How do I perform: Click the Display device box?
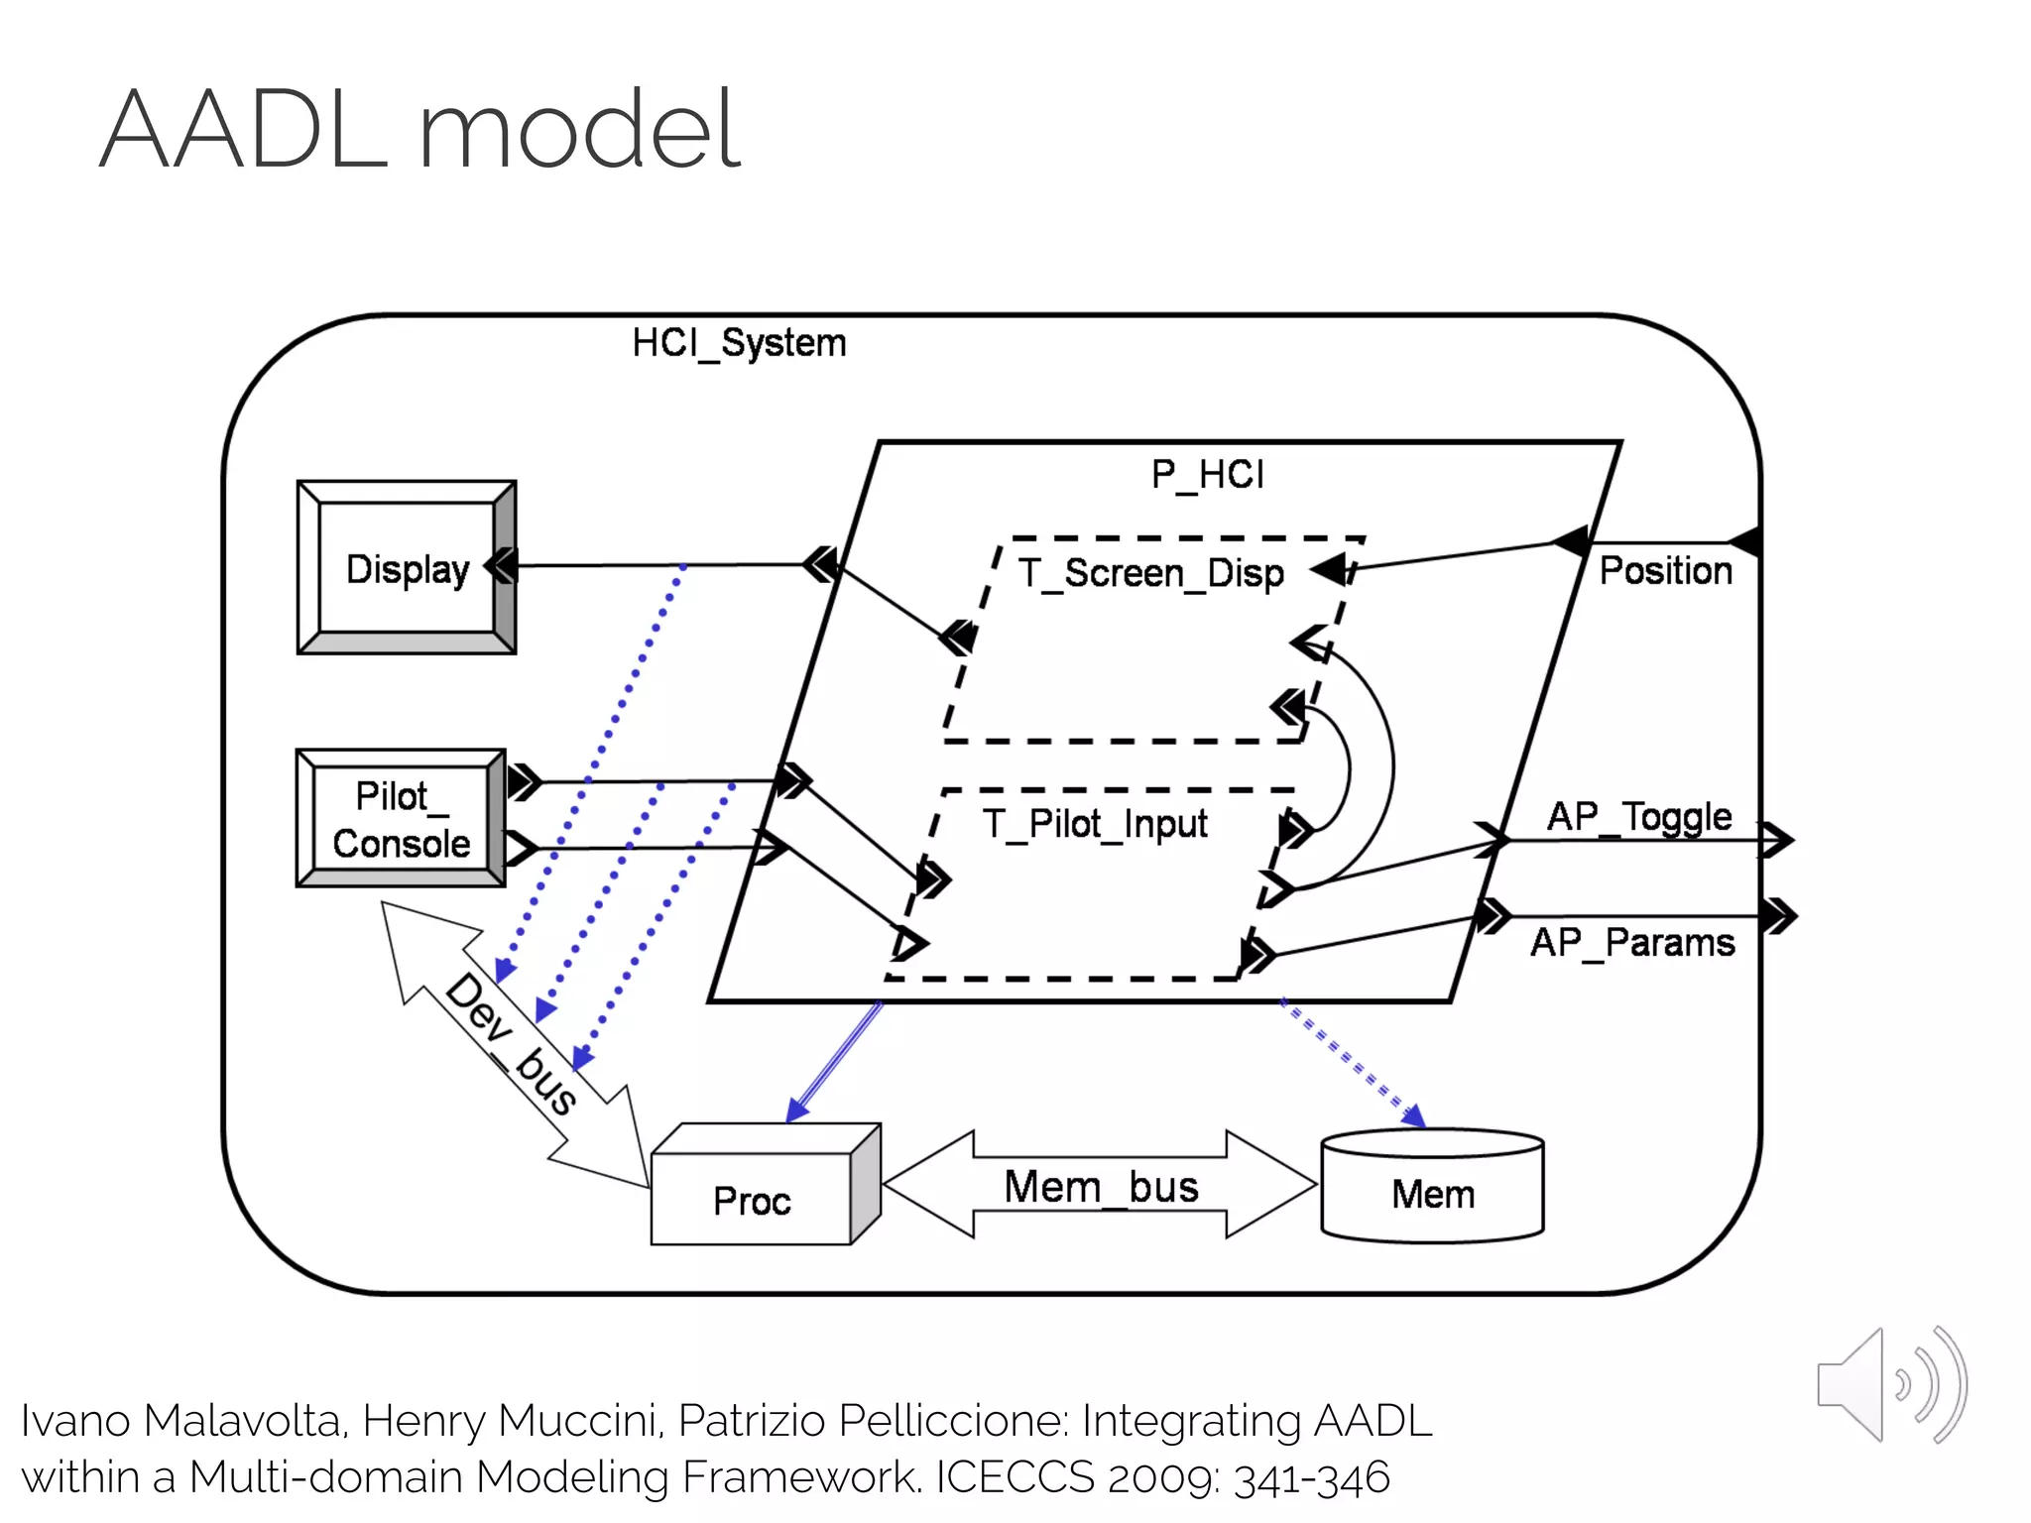tap(407, 568)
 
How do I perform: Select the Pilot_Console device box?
tap(401, 819)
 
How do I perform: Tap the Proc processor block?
tap(752, 1200)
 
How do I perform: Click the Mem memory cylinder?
tap(1432, 1193)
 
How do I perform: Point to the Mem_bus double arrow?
tap(1100, 1186)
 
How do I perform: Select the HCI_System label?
tap(739, 343)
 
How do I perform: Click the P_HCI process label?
tap(1207, 474)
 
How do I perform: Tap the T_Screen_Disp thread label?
tap(1150, 573)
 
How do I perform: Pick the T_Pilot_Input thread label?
tap(1095, 824)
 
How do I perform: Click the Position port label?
tap(1665, 571)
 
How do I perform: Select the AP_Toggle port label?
tap(1638, 817)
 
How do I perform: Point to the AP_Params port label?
tap(1632, 942)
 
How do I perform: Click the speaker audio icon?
tap(1890, 1385)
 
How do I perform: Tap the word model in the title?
tap(579, 131)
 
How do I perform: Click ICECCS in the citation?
tap(1015, 1477)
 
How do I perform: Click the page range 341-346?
tap(1311, 1477)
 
